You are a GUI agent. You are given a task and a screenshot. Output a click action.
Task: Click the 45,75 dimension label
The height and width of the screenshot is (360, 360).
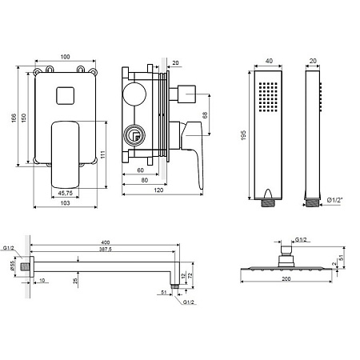click(x=65, y=193)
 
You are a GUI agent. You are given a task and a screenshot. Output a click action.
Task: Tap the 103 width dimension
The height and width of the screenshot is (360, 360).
click(x=65, y=203)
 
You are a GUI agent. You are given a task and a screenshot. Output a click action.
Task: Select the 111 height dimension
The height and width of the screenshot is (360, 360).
click(x=103, y=154)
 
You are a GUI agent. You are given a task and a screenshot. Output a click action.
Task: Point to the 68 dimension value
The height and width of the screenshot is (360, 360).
click(x=205, y=115)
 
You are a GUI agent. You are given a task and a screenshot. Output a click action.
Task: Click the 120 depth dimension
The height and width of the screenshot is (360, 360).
click(x=158, y=190)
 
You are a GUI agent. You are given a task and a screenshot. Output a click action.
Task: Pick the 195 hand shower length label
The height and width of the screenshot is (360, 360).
click(x=243, y=135)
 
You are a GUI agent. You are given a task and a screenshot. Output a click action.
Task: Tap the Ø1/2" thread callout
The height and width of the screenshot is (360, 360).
click(x=334, y=200)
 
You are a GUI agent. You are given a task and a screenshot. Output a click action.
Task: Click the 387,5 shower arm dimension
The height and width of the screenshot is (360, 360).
click(x=106, y=250)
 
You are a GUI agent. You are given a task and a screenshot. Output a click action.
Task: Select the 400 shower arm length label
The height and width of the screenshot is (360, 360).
click(x=106, y=242)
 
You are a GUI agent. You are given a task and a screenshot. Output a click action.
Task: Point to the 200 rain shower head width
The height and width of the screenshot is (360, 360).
click(x=286, y=279)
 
